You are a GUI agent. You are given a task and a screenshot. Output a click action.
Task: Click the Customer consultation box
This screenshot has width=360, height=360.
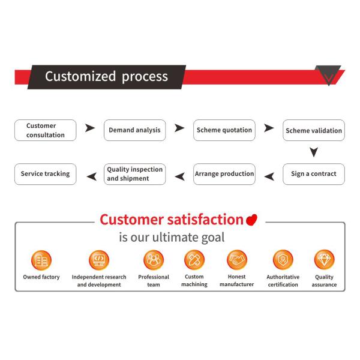tap(45, 130)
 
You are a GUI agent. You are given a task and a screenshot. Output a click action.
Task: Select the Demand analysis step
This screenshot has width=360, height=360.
tap(134, 130)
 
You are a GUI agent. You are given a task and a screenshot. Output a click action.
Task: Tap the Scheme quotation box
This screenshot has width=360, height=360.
tap(224, 130)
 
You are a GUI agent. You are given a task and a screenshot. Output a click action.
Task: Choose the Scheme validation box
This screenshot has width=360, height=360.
tap(314, 130)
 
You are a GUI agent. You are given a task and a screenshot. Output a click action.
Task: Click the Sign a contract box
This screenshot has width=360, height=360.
tap(314, 174)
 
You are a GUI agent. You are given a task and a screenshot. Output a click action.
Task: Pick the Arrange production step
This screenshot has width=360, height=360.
tap(224, 174)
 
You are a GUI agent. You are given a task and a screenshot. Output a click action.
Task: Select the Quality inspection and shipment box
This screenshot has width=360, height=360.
tap(134, 174)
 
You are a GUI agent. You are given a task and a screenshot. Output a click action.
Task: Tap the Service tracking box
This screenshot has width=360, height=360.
tap(45, 174)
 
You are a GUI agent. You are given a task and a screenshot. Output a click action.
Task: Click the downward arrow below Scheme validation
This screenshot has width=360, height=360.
tap(314, 152)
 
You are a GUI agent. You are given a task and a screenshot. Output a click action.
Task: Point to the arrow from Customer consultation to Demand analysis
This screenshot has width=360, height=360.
tap(90, 128)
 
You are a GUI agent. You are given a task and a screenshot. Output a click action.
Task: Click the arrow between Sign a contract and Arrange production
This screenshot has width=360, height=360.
tap(269, 176)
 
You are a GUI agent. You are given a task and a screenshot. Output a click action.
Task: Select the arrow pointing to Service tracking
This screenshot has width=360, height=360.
tap(92, 176)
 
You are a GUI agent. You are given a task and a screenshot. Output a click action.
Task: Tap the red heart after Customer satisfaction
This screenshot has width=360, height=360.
tap(251, 220)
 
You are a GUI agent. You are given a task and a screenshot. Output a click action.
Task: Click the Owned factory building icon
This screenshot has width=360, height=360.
tap(41, 260)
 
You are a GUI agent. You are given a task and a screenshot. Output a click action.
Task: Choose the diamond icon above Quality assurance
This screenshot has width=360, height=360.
tap(324, 259)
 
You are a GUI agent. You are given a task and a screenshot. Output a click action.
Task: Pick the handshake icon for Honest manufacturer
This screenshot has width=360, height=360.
tap(237, 260)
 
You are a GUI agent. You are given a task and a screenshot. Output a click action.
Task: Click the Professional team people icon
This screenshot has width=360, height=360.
tap(154, 260)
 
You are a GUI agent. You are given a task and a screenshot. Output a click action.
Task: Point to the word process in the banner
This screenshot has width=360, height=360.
tap(145, 77)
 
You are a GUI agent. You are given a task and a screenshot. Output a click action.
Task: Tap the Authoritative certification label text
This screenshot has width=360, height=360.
tap(283, 281)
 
